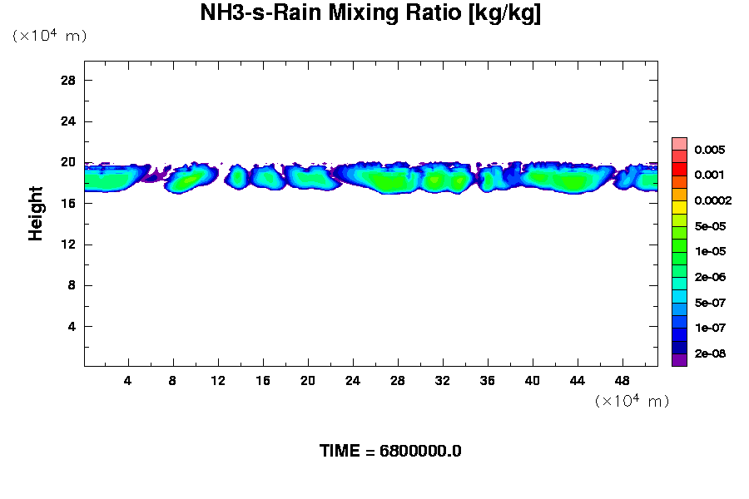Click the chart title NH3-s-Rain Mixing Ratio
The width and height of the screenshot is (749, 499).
click(370, 14)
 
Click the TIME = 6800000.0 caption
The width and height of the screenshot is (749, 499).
click(390, 451)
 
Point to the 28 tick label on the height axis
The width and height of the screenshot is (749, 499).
click(68, 80)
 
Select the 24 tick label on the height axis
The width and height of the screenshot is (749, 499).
click(68, 121)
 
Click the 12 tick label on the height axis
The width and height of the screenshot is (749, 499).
click(68, 245)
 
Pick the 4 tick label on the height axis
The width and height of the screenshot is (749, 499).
click(72, 326)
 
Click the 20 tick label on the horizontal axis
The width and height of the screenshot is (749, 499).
click(307, 380)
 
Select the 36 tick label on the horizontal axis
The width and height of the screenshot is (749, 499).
click(487, 380)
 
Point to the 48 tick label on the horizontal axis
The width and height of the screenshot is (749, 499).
click(622, 380)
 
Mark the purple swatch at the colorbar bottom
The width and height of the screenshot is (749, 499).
click(679, 360)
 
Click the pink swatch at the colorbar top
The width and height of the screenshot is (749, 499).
click(679, 143)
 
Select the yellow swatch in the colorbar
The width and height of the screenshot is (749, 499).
click(679, 207)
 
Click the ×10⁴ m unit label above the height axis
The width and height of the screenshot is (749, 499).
click(49, 36)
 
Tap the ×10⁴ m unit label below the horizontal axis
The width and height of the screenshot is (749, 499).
click(632, 401)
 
